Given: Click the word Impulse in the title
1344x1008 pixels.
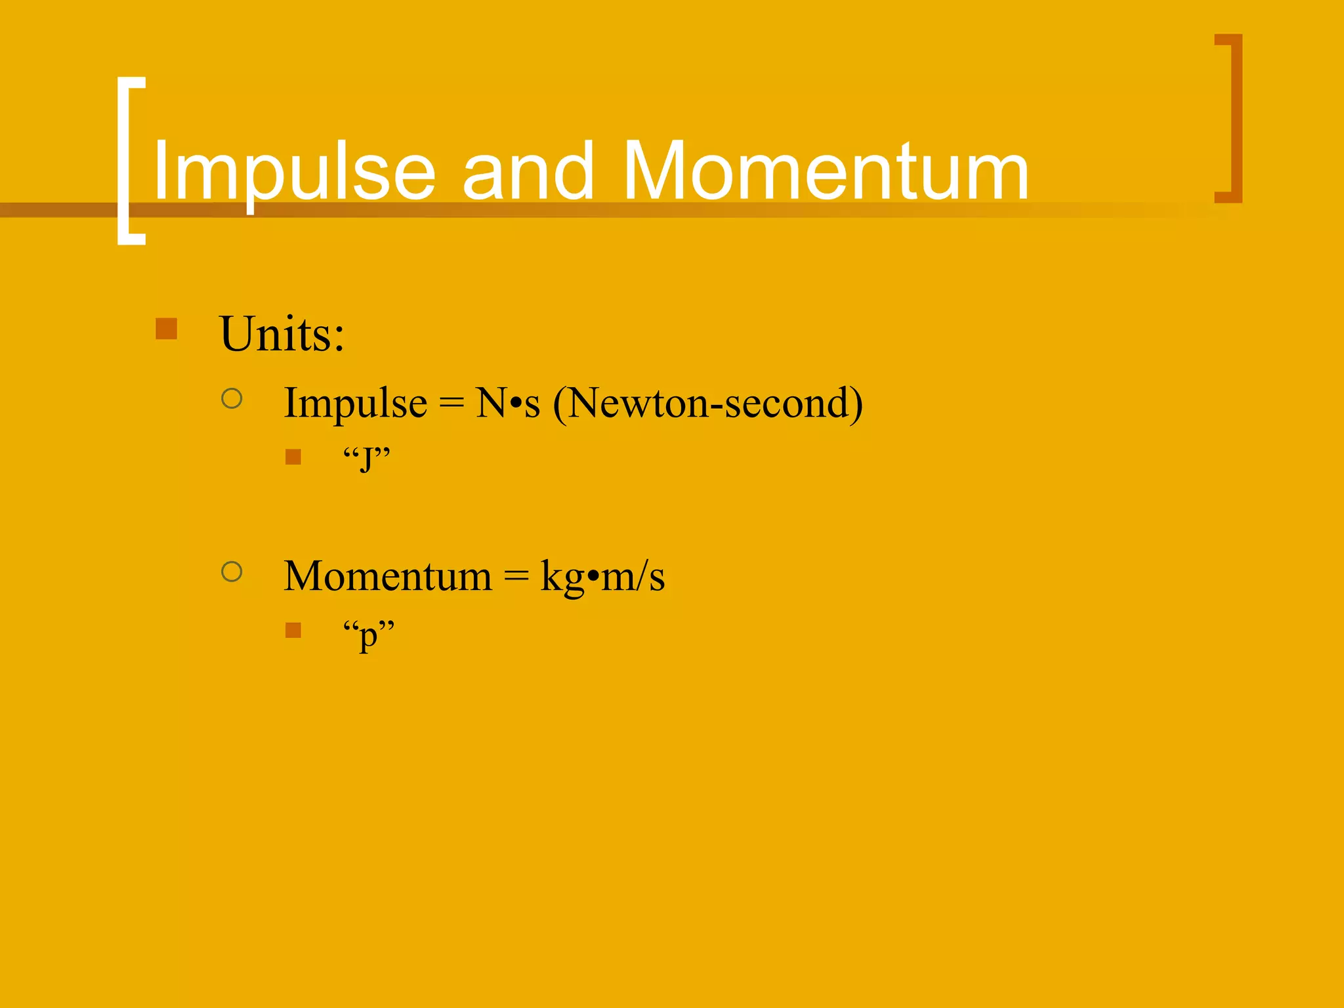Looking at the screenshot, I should coord(294,172).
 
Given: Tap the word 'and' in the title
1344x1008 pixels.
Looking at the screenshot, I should coord(528,172).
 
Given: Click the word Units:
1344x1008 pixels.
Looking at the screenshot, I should coord(282,334).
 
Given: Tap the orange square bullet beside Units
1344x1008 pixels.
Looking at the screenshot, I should coord(167,329).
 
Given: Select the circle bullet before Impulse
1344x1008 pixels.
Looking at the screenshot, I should coord(232,398).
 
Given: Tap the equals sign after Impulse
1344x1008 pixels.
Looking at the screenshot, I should coord(451,402).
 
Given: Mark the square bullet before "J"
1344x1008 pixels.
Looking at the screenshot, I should coord(293,457).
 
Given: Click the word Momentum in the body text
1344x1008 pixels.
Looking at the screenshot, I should coord(387,576).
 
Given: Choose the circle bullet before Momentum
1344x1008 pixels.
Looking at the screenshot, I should coord(232,572).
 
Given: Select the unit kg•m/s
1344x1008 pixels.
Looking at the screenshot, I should coord(602,576).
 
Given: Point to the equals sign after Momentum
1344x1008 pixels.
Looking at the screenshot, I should coord(516,576).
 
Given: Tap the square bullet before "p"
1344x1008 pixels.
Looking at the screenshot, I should coord(293,631).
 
